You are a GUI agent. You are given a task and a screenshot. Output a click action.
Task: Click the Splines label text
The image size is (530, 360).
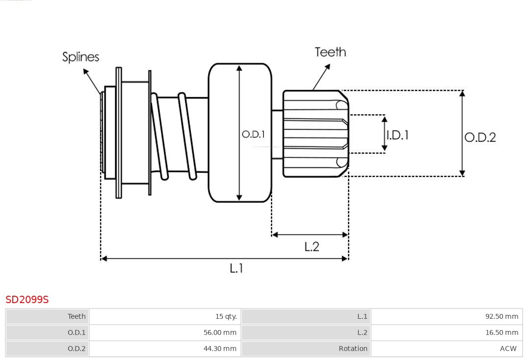tap(80, 57)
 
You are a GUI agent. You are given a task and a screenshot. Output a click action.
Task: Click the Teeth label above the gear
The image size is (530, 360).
tap(330, 52)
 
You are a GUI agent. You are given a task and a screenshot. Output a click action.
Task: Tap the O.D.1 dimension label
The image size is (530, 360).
tap(253, 134)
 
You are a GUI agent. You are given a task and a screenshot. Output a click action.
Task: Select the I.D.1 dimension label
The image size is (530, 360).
tap(397, 135)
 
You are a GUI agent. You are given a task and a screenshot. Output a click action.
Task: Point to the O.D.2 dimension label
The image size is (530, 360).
tap(480, 137)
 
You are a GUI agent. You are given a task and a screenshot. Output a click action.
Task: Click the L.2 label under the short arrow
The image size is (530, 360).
tap(312, 247)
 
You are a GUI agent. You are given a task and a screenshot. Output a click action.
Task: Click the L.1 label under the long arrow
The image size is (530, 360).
tap(237, 268)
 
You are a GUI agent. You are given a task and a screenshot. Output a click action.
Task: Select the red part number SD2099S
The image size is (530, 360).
tap(27, 299)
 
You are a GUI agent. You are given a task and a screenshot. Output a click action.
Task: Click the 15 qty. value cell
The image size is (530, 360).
tap(226, 316)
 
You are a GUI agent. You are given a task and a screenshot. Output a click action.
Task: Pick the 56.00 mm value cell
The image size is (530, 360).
tap(220, 333)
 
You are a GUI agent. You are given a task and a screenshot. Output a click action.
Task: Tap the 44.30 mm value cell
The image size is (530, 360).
tap(220, 349)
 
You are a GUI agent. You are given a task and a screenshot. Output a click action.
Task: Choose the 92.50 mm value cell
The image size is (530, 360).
tap(502, 316)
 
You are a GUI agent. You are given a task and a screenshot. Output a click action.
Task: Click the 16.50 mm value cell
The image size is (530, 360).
tap(502, 333)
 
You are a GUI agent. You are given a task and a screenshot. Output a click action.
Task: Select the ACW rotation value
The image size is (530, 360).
tap(508, 349)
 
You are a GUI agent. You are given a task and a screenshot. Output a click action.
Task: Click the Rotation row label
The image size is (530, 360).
tap(352, 349)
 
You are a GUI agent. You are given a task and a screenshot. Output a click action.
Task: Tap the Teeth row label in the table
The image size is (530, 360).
tap(77, 316)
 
